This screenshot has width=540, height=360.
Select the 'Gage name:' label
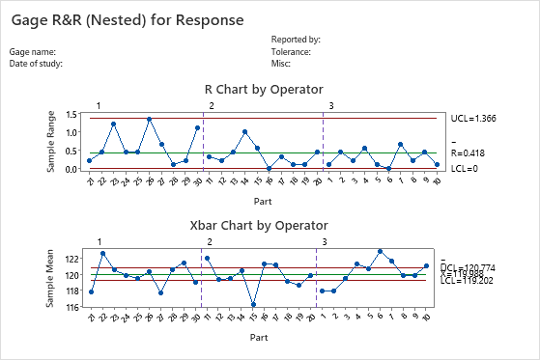pos(34,52)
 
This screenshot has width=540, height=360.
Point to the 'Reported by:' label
pos(296,40)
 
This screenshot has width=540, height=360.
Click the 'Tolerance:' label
pos(291,52)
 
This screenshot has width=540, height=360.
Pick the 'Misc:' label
pos(281,64)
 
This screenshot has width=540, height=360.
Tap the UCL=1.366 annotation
pos(476,118)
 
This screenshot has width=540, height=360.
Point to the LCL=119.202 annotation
pos(479,282)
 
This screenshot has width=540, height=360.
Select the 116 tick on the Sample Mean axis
pos(72,307)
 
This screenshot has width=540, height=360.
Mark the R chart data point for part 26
pos(150,120)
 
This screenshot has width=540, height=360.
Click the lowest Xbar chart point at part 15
pos(253,305)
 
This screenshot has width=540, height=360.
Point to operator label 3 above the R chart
pos(331,105)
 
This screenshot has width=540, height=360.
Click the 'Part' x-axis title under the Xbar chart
pos(258,338)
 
